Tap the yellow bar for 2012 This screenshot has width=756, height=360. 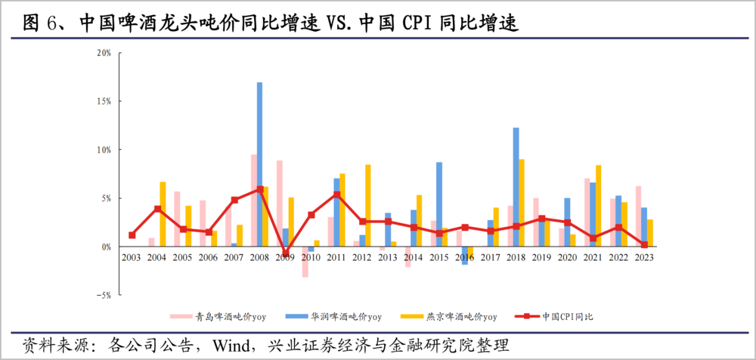[x=368, y=205]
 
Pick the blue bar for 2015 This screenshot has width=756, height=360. [x=439, y=204]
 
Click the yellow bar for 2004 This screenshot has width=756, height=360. [x=163, y=214]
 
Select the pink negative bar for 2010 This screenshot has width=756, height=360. [x=305, y=262]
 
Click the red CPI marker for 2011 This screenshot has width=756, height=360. [x=336, y=194]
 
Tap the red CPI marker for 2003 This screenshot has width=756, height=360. [x=132, y=235]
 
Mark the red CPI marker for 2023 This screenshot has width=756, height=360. [x=644, y=244]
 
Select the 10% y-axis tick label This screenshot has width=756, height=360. [x=104, y=150]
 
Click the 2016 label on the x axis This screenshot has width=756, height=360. [x=465, y=257]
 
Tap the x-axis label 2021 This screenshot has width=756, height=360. [x=593, y=257]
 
